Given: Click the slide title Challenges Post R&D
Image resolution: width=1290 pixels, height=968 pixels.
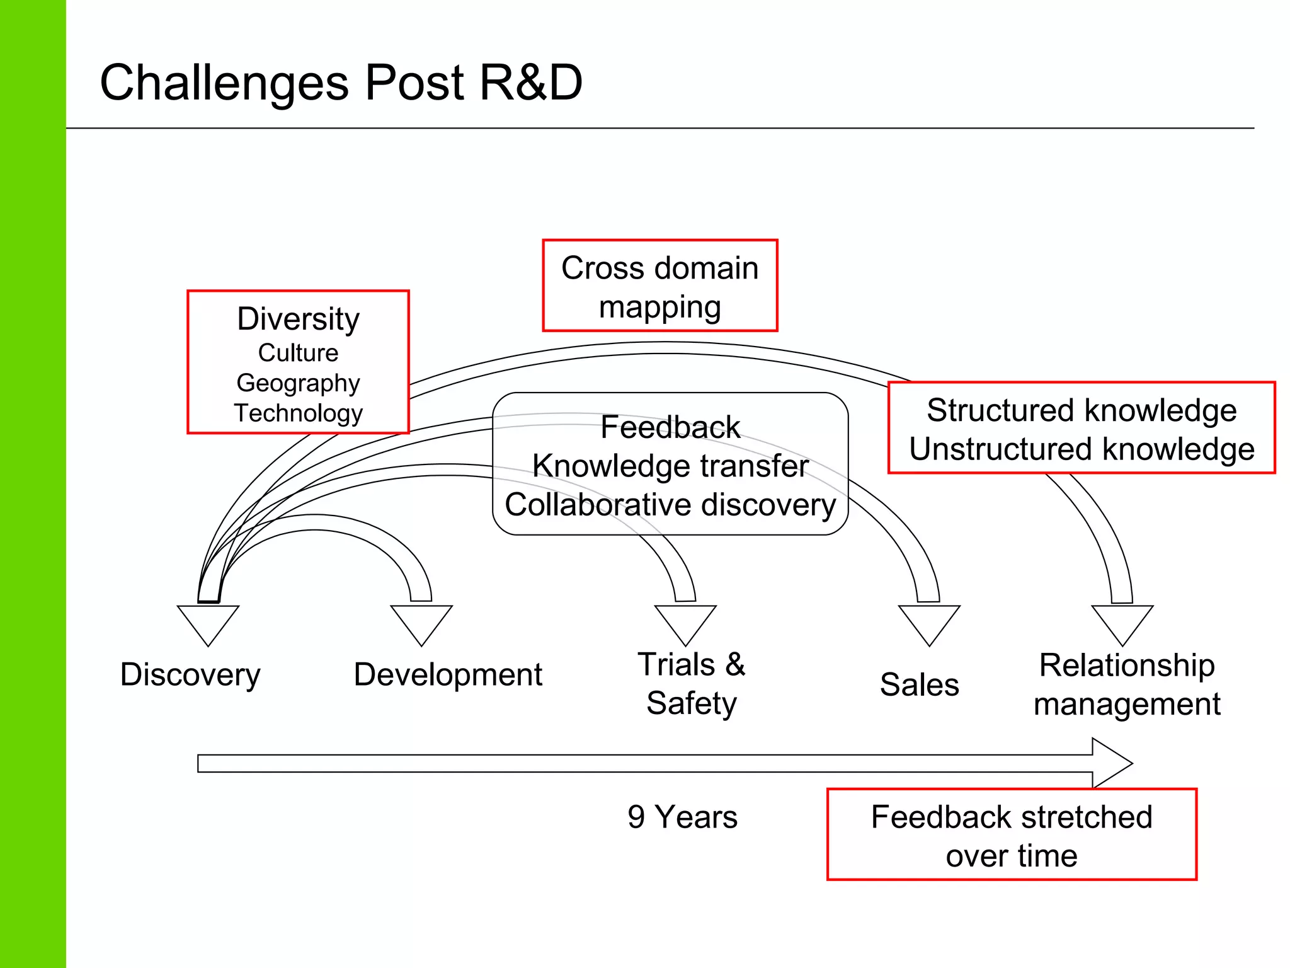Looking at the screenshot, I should pyautogui.click(x=341, y=83).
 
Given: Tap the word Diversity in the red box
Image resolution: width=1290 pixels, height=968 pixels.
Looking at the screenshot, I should pyautogui.click(x=298, y=319).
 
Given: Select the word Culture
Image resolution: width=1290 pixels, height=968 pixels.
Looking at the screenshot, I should pyautogui.click(x=298, y=353).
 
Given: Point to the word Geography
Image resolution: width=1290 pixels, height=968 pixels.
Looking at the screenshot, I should pyautogui.click(x=298, y=383).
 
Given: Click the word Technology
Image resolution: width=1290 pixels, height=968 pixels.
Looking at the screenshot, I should pyautogui.click(x=298, y=413).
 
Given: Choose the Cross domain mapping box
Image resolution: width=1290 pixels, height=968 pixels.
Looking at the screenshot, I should pyautogui.click(x=659, y=286).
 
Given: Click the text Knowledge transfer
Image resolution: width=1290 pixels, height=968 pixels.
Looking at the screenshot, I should pyautogui.click(x=670, y=466).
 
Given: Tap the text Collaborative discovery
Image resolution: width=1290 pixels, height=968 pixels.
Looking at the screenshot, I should pyautogui.click(x=670, y=505).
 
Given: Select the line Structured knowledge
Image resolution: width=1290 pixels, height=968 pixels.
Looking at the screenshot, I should pyautogui.click(x=1081, y=410).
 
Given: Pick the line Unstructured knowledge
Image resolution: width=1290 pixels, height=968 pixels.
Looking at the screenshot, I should pyautogui.click(x=1081, y=449).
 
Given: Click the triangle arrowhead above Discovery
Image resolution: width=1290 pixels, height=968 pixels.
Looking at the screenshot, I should pyautogui.click(x=208, y=621).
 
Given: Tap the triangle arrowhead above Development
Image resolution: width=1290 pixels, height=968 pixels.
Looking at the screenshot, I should pyautogui.click(x=421, y=621).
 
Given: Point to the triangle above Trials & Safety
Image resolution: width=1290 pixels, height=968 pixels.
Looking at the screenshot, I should pyautogui.click(x=685, y=621).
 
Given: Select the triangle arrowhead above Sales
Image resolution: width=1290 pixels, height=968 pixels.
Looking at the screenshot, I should pyautogui.click(x=928, y=621).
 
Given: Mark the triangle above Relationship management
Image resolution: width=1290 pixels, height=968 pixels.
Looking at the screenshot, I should pyautogui.click(x=1122, y=621).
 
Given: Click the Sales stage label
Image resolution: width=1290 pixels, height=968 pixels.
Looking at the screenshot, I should pyautogui.click(x=919, y=684).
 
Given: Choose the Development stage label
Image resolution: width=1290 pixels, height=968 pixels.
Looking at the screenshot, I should pyautogui.click(x=447, y=674).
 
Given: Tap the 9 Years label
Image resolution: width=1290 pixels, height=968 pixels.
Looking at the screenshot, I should pyautogui.click(x=682, y=817).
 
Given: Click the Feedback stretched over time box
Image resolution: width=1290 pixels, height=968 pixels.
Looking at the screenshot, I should pyautogui.click(x=1011, y=834).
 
